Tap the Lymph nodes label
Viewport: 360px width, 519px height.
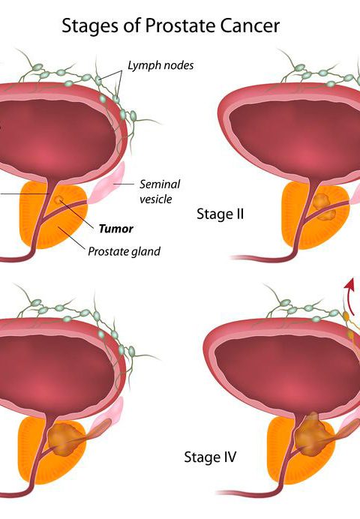point(160,65)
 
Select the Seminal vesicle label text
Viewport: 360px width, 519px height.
point(160,192)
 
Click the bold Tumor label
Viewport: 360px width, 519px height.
point(116,229)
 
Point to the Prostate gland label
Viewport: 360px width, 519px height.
point(124,251)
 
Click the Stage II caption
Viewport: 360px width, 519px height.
point(220,214)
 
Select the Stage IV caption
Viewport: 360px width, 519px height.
point(210,457)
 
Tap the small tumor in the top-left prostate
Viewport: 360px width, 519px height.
point(59,199)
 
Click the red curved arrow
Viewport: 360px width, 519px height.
point(349,295)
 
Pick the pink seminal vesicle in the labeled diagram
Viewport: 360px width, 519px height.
point(106,183)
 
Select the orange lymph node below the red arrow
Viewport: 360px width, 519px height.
point(346,316)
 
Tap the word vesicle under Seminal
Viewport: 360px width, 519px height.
point(155,199)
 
